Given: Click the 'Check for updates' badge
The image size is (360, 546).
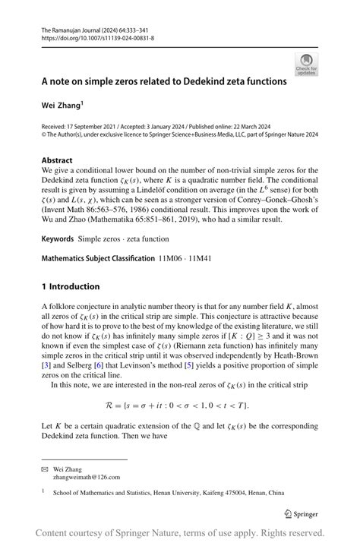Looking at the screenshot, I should click(x=308, y=63).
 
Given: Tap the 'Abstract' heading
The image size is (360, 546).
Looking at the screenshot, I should click(x=58, y=160).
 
